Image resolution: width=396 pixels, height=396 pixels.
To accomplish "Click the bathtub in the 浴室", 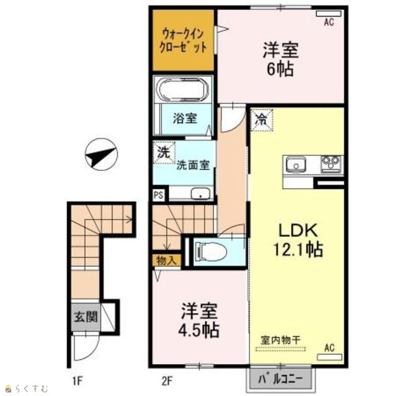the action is [183, 89].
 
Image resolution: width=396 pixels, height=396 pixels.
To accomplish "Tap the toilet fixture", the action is [211, 251].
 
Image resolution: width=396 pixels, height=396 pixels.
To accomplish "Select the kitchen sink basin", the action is [296, 165].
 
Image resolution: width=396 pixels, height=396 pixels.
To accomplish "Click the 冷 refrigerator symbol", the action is [261, 120].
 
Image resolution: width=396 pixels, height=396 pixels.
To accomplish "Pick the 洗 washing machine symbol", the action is [163, 152].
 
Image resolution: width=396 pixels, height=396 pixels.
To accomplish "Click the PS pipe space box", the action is [158, 196].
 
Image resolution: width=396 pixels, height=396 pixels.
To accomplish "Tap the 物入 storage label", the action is [166, 260].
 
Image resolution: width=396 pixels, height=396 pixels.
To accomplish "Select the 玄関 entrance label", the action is [85, 317].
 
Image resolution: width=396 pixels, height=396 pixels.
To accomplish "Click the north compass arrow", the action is [101, 154].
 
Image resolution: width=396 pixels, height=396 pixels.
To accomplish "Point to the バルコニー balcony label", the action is [280, 379].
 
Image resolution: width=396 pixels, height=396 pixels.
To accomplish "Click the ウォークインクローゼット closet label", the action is [183, 40].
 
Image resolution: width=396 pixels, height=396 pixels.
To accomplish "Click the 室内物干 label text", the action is [280, 340].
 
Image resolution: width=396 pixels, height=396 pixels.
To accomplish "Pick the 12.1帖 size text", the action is [298, 249].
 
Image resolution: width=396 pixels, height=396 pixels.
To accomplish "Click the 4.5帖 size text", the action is [199, 330].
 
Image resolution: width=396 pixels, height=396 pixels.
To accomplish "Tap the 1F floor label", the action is [77, 381].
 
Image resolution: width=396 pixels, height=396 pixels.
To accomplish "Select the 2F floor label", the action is [166, 381].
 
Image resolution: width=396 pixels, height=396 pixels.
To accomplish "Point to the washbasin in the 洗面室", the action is [200, 194].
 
